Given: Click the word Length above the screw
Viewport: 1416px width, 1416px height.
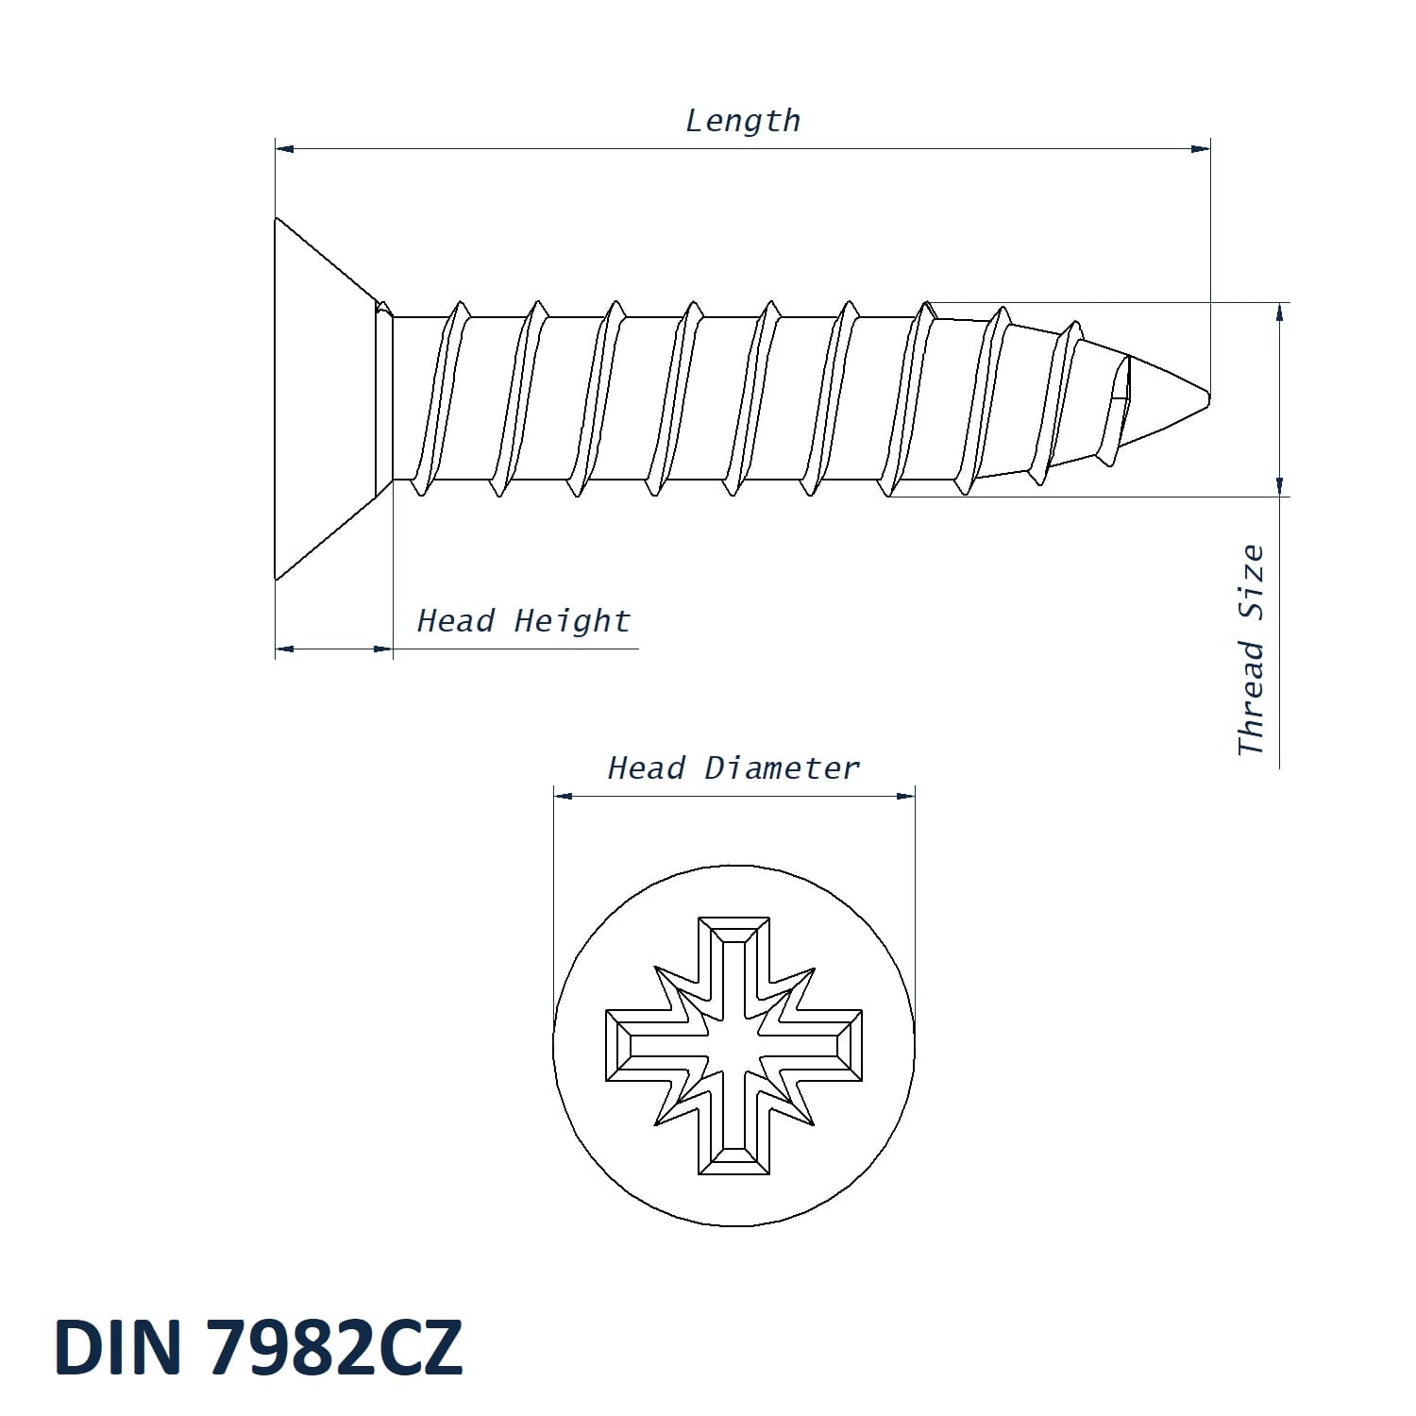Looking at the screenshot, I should [742, 121].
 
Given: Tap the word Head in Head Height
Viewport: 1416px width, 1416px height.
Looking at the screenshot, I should [456, 620].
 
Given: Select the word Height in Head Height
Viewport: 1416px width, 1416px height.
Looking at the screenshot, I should [572, 620].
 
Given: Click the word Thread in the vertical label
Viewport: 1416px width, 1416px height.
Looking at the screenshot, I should [1251, 699].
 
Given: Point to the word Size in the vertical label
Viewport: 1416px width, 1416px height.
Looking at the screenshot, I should [1251, 582].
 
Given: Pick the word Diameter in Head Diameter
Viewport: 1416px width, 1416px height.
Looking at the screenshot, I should [782, 767].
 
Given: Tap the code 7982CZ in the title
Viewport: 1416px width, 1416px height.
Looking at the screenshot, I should [334, 1346].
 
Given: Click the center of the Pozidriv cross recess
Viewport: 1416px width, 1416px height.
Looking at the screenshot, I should [733, 1045].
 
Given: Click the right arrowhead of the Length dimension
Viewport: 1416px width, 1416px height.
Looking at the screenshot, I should [1200, 149].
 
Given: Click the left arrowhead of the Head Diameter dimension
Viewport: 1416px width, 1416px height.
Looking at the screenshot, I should [564, 796].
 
